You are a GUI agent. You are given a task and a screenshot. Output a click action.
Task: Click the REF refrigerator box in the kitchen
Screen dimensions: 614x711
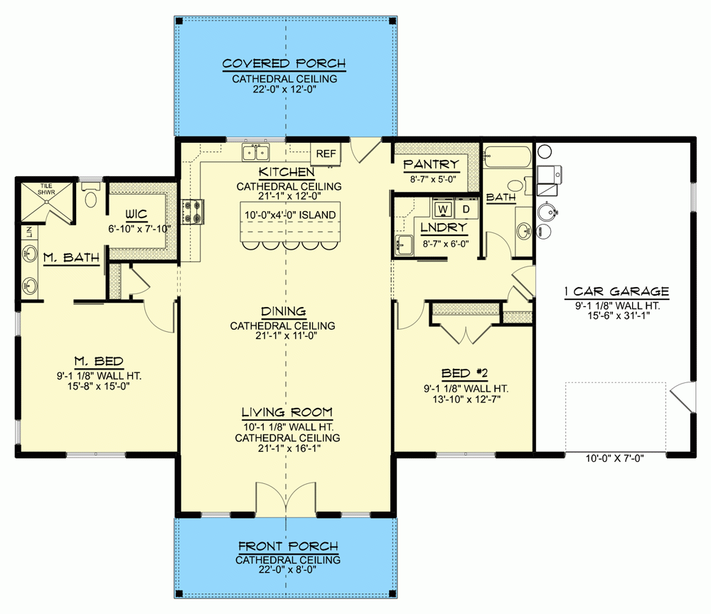point(326,153)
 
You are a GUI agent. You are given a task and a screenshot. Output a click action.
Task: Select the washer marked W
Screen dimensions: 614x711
point(442,210)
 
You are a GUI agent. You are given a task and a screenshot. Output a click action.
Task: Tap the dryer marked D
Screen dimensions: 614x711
point(466,210)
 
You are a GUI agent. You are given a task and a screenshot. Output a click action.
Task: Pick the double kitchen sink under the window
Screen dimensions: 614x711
point(255,152)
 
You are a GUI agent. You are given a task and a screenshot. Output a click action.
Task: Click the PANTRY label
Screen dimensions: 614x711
point(432,165)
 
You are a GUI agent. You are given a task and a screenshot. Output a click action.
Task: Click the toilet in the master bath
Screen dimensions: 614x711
point(90,197)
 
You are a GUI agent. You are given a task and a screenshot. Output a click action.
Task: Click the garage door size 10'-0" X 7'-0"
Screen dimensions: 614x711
point(615,458)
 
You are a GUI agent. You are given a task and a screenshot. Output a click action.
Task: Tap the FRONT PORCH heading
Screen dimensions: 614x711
point(288,546)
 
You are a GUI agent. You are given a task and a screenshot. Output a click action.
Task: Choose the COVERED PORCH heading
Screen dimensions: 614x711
point(284,64)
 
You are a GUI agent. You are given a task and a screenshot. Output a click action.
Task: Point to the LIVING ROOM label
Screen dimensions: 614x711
point(287,412)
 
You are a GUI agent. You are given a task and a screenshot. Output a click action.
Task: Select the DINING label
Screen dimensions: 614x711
point(282,311)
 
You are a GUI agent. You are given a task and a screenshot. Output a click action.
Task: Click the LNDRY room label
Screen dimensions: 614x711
point(444,227)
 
